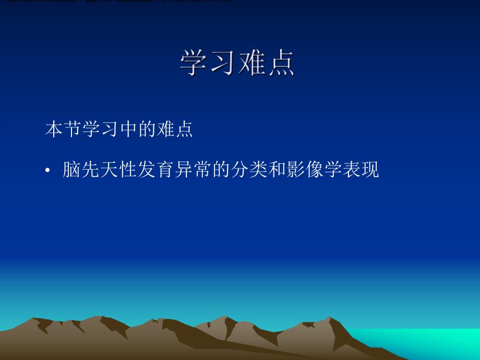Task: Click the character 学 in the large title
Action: click(x=195, y=63)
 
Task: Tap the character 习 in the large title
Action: click(x=223, y=63)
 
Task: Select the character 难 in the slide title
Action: click(x=252, y=63)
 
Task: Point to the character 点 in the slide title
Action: click(x=281, y=63)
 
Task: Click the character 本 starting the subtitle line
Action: click(x=54, y=129)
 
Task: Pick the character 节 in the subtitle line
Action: click(x=73, y=129)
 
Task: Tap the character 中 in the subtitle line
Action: click(x=128, y=129)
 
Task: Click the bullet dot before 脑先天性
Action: click(x=47, y=171)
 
